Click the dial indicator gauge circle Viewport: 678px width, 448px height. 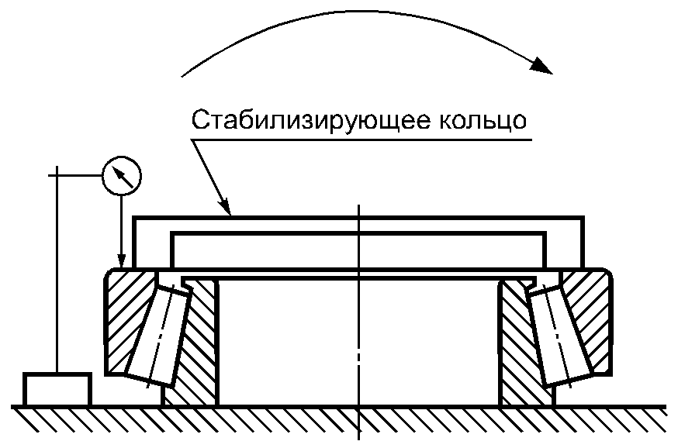click(x=123, y=176)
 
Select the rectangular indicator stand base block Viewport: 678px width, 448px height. click(x=57, y=388)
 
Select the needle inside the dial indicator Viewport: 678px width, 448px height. click(x=123, y=176)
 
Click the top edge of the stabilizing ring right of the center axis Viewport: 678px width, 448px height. click(x=465, y=218)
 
